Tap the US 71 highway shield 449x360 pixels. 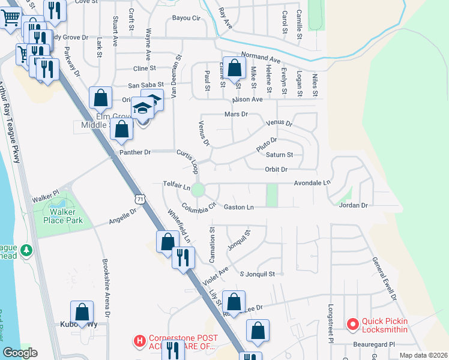[x=139, y=197]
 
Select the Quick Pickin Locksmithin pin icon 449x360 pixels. [x=352, y=325]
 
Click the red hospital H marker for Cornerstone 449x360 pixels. [x=140, y=341]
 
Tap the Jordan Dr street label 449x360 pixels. [x=352, y=205]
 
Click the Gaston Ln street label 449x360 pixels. [x=239, y=207]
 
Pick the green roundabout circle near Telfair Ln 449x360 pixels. [x=198, y=190]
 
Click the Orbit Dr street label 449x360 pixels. [x=276, y=169]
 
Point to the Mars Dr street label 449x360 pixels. [x=236, y=114]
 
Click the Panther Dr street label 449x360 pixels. [x=135, y=152]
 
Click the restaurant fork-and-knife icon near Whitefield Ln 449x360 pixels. [x=182, y=258]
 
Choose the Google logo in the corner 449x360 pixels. [x=20, y=353]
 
